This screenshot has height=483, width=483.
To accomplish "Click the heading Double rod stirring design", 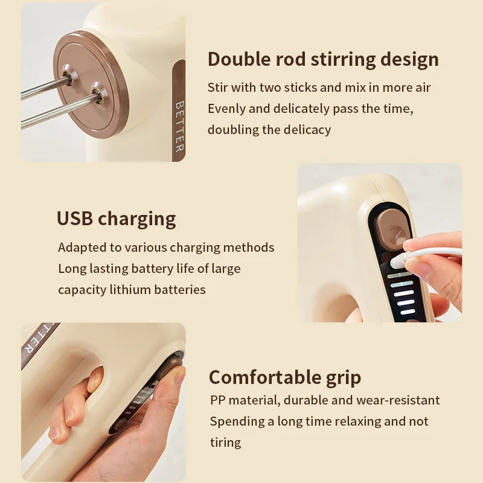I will click(x=323, y=59).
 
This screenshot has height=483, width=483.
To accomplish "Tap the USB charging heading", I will click(x=117, y=218).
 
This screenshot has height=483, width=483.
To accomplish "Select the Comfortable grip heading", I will click(x=285, y=377).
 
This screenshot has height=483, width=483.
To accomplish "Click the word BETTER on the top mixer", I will click(x=179, y=126).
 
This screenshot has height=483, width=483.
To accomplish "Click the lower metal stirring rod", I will click(x=57, y=112).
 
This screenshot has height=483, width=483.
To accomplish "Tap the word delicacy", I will click(x=307, y=129).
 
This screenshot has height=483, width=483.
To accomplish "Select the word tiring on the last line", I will click(x=225, y=442).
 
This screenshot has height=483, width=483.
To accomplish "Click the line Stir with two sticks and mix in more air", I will click(x=319, y=88).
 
